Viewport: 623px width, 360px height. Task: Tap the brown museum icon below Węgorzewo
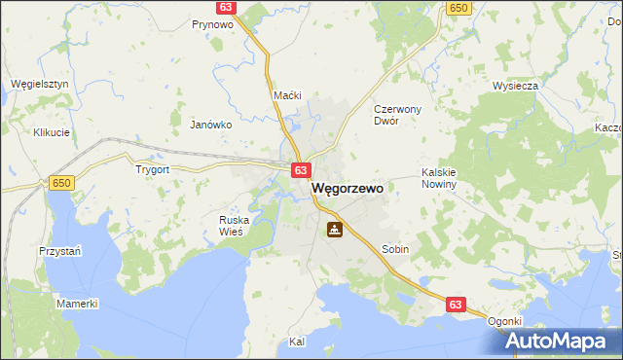[x=334, y=230]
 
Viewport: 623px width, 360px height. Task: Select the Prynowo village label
[x=212, y=24]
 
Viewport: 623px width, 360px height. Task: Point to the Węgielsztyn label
[x=39, y=84]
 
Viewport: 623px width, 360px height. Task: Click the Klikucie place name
[x=52, y=132]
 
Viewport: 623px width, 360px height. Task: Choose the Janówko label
[x=210, y=125]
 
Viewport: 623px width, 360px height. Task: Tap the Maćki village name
[x=288, y=95]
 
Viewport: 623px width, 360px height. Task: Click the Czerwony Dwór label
[x=398, y=116]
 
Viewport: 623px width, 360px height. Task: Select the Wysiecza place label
[x=515, y=86]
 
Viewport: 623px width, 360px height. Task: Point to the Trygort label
[x=153, y=168]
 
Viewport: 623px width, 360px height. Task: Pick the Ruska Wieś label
[x=234, y=226]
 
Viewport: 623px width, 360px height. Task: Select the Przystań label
[x=59, y=249]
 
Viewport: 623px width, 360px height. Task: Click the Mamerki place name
[x=77, y=304]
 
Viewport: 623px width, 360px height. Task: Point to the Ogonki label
[x=505, y=321]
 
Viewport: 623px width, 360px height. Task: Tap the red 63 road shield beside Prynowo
[x=226, y=7]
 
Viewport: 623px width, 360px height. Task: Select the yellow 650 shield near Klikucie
[x=62, y=182]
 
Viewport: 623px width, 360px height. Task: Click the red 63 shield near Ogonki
[x=456, y=305]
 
